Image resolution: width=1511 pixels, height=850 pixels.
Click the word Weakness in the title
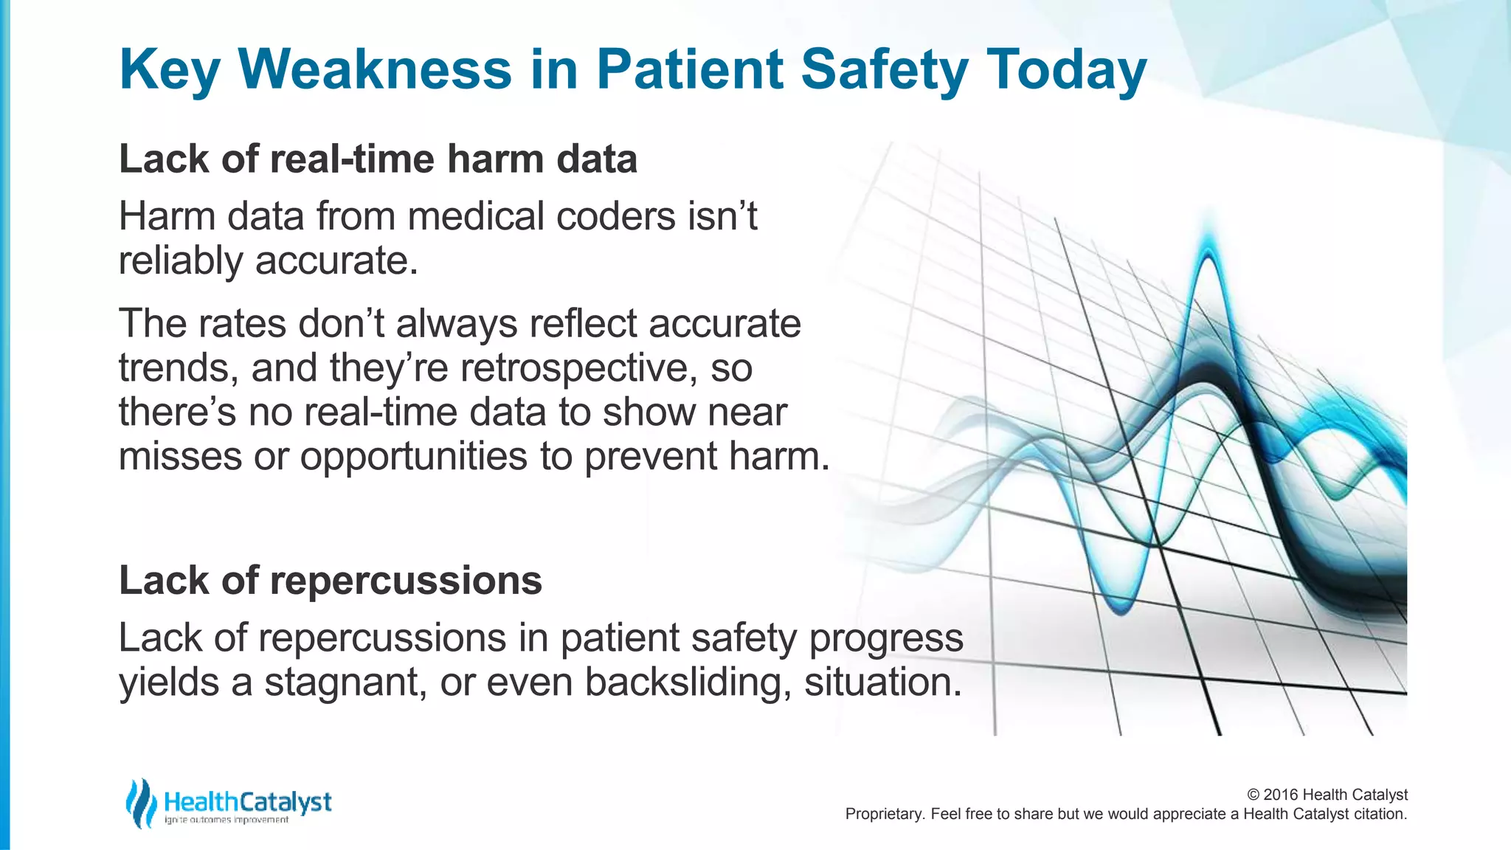pyautogui.click(x=375, y=69)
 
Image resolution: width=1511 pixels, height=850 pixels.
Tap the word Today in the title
pyautogui.click(x=1066, y=69)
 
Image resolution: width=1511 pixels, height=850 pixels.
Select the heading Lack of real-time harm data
pyautogui.click(x=378, y=159)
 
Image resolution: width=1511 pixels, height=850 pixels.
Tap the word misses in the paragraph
pyautogui.click(x=179, y=456)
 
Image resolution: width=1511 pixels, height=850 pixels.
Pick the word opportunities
pyautogui.click(x=413, y=456)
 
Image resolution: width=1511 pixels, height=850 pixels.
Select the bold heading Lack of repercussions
pyautogui.click(x=331, y=580)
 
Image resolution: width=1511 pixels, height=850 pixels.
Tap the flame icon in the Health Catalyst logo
pyautogui.click(x=140, y=803)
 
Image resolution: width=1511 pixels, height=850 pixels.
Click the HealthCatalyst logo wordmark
pyautogui.click(x=248, y=801)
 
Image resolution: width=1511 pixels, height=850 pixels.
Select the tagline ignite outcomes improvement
pyautogui.click(x=226, y=820)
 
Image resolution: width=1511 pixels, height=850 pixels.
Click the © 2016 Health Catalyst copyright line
pyautogui.click(x=1327, y=795)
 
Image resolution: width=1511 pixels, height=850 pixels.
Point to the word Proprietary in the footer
pyautogui.click(x=882, y=814)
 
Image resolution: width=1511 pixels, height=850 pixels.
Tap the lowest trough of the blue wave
pyautogui.click(x=1121, y=609)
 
